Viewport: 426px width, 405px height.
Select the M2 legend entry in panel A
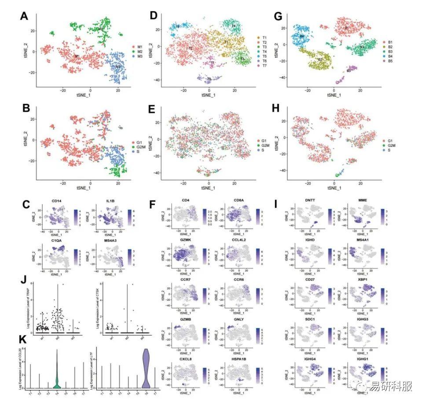click(x=141, y=51)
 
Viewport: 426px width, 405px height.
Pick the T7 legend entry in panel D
click(x=268, y=65)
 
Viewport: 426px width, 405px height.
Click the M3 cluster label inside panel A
click(x=118, y=67)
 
